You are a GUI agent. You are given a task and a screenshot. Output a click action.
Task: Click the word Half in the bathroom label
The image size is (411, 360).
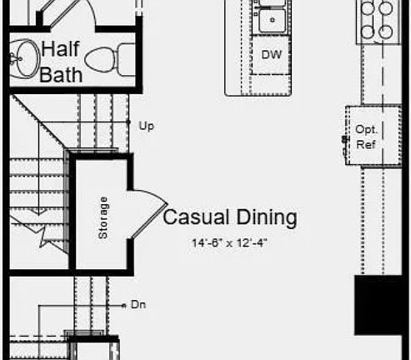tap(60, 49)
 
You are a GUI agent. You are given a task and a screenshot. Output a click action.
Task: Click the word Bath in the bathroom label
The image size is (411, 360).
tap(61, 74)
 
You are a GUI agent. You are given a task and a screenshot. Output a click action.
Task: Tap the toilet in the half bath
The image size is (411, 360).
tap(110, 60)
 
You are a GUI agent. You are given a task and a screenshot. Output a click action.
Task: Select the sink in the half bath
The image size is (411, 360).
tap(24, 58)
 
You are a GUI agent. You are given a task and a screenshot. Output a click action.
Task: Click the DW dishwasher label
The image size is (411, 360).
tap(272, 55)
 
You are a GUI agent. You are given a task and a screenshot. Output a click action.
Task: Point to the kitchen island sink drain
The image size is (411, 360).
tap(273, 20)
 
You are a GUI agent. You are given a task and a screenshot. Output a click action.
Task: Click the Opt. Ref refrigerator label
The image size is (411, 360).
tap(366, 137)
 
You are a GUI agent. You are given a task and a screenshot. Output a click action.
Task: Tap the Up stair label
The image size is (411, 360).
tap(147, 126)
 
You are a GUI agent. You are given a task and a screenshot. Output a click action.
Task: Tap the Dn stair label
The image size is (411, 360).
tap(138, 305)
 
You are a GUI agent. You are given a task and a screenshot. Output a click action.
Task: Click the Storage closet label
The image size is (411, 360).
tap(103, 217)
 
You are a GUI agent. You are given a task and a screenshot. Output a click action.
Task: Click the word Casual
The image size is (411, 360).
tap(196, 217)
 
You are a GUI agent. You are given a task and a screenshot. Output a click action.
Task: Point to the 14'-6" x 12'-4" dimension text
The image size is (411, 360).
tap(229, 243)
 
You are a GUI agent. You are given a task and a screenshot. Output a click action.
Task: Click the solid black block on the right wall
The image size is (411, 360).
tap(378, 305)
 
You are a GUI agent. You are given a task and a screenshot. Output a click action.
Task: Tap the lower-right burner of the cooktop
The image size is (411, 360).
tap(386, 32)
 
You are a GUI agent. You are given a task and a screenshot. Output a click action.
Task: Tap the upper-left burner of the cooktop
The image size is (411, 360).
tap(368, 7)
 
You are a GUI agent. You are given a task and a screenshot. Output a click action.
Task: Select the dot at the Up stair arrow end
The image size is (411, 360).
tap(128, 122)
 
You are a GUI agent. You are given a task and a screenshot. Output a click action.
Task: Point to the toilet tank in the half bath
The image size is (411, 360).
tap(127, 60)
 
